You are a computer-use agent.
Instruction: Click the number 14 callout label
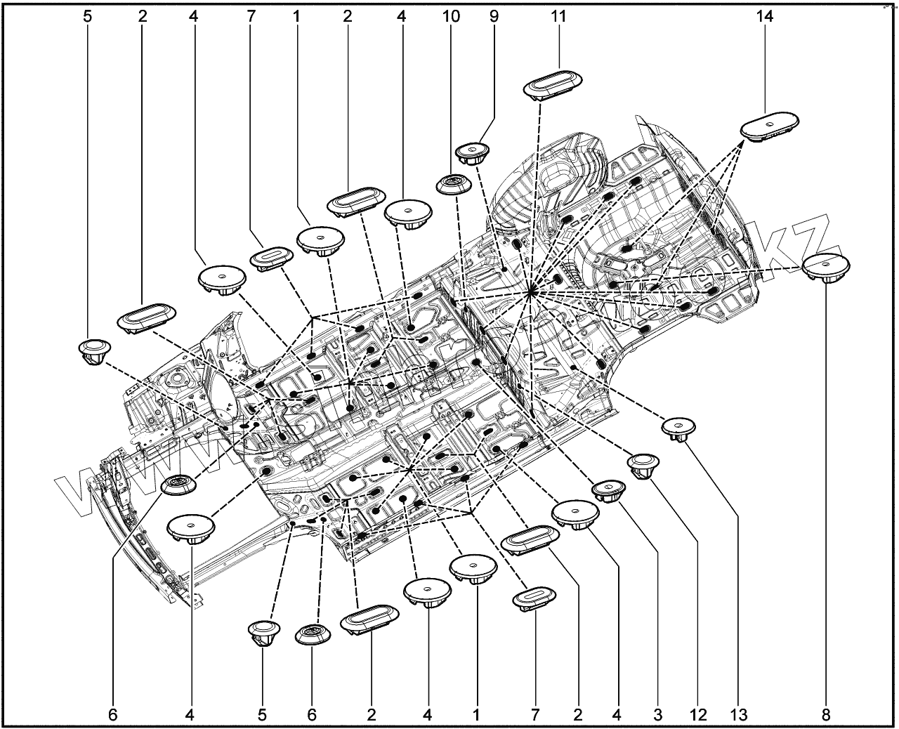(765, 16)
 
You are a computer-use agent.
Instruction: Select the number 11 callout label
(558, 16)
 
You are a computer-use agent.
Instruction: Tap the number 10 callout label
(451, 16)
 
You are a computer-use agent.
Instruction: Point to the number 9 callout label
(494, 16)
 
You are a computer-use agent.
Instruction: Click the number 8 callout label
(825, 715)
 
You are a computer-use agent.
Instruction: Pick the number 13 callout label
(738, 715)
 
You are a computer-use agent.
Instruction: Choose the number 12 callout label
(697, 715)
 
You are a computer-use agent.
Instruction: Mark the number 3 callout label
(658, 715)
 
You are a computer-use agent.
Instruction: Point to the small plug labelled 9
(473, 152)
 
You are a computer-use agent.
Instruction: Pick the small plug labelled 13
(679, 427)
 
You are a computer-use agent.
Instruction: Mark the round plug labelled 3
(608, 490)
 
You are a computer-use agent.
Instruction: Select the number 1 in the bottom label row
(476, 715)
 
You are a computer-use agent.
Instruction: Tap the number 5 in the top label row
(87, 16)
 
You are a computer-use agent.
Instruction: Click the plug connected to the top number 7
(270, 257)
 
